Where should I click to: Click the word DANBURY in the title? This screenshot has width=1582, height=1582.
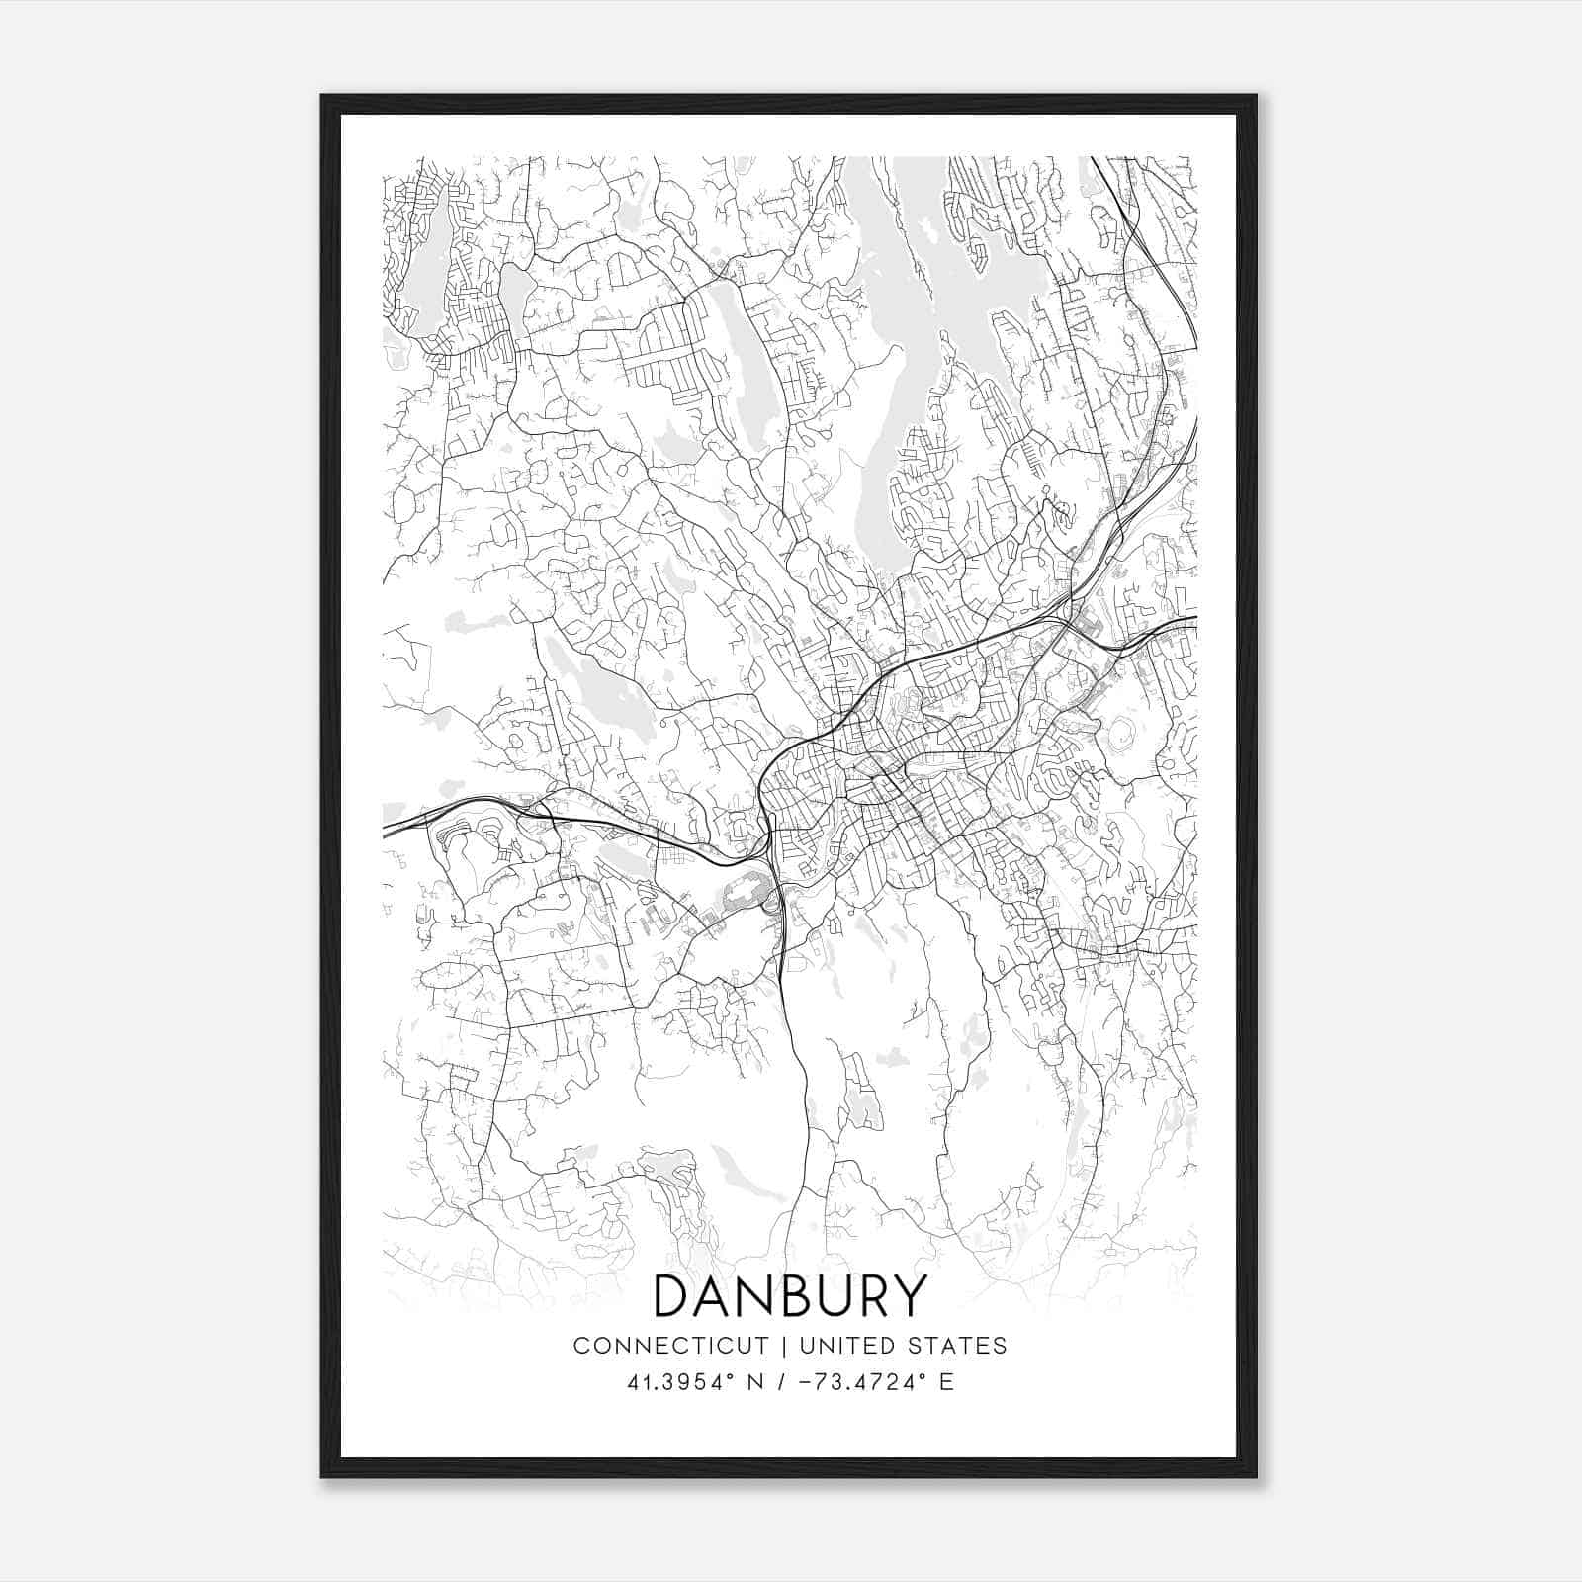point(791,1296)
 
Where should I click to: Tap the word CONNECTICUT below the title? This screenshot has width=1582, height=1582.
point(670,1346)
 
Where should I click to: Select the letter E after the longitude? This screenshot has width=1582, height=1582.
point(946,1382)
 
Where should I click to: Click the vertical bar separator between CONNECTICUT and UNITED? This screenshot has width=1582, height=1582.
point(782,1346)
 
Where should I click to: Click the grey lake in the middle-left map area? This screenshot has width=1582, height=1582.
point(603,692)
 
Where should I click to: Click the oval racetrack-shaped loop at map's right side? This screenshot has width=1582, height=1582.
point(1121,738)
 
